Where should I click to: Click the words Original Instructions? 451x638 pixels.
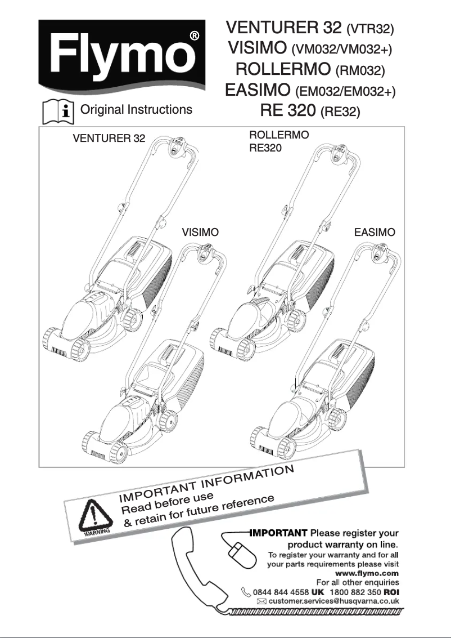coord(137,110)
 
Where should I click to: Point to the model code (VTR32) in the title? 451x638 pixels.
coord(371,28)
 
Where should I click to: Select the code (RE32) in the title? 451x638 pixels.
coord(340,111)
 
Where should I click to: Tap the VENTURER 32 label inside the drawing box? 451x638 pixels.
coord(109,139)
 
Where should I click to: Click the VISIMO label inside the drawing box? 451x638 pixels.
coord(200,232)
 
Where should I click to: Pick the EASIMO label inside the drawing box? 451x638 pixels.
coord(375,232)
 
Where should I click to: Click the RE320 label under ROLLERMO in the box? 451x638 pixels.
coord(265,149)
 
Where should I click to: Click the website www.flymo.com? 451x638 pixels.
coord(366,573)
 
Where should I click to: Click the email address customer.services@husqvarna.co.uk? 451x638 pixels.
coord(334,601)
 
